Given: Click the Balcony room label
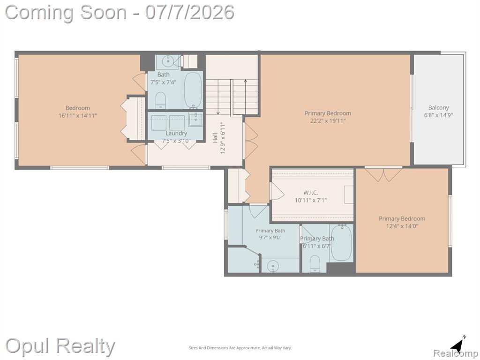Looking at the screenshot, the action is [x=438, y=108].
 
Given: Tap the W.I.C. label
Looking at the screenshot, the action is [x=310, y=193].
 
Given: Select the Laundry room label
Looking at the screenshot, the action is [x=176, y=134].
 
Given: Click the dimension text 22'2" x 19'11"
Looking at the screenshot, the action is [x=328, y=120].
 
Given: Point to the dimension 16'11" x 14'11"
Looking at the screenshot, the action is [x=78, y=115].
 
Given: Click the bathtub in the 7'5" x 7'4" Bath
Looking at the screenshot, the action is [x=193, y=90].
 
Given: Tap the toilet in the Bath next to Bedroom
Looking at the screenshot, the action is [x=161, y=100].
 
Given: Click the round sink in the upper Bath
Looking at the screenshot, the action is [x=167, y=62].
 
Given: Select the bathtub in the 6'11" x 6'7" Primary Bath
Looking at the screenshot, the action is [x=341, y=243].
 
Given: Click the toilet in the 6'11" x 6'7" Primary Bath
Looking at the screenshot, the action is [x=315, y=263].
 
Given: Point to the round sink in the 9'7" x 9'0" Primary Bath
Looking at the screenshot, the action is [x=272, y=267].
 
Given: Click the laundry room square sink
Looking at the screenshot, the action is [x=195, y=120].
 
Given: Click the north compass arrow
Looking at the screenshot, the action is [x=458, y=345].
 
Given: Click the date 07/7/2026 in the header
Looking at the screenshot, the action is [x=189, y=13].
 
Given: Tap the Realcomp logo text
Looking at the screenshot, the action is [x=455, y=353].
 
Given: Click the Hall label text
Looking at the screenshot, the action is [x=215, y=137].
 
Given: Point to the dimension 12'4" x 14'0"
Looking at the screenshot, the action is [x=402, y=226].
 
